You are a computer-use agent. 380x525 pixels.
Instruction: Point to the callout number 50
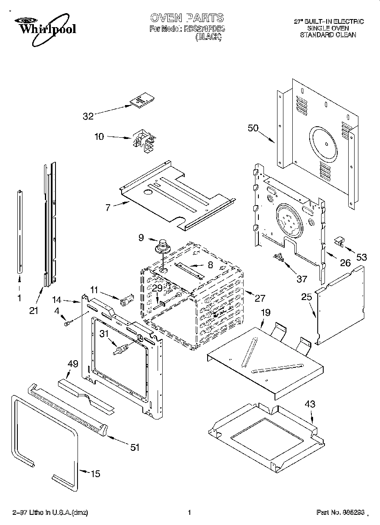coord(252,128)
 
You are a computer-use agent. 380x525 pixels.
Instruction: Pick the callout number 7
coord(108,208)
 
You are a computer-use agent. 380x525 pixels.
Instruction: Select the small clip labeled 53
coord(339,242)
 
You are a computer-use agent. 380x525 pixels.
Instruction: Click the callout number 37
coord(301,278)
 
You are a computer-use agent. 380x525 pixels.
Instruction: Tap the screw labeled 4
coord(67,324)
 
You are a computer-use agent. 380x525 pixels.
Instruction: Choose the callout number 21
coord(34,311)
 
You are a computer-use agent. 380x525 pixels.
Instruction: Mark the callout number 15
coord(96,474)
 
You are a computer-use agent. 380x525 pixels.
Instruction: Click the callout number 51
coord(134,447)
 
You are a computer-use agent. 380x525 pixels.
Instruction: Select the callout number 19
coord(265,313)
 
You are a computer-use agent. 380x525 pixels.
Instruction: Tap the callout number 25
coord(307,298)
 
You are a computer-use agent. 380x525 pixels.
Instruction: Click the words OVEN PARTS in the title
coord(186,18)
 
